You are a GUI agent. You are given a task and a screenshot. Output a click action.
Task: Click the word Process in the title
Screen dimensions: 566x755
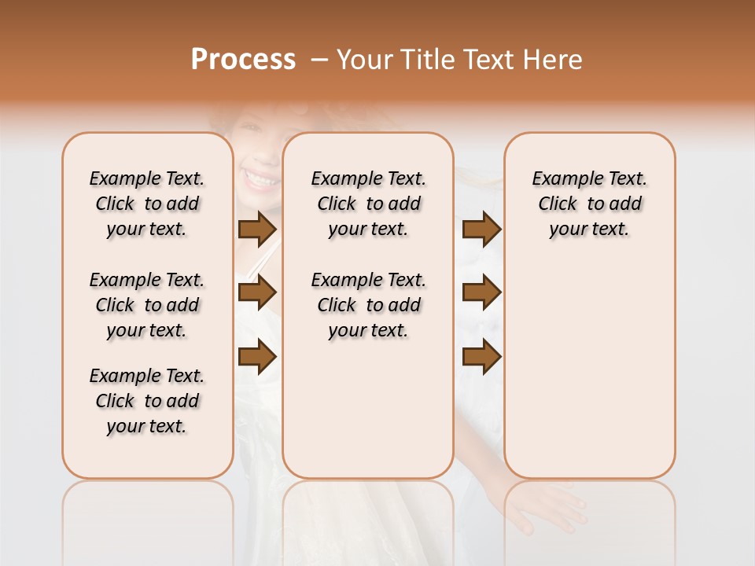pyautogui.click(x=243, y=60)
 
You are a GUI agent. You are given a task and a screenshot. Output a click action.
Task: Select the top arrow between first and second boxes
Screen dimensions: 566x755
pyautogui.click(x=257, y=230)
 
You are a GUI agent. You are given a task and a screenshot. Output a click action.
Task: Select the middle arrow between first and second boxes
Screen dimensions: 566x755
pyautogui.click(x=257, y=293)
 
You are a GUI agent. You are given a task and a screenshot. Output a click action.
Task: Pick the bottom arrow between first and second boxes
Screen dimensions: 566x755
pyautogui.click(x=257, y=357)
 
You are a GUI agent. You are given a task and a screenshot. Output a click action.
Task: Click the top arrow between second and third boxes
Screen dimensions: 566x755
pyautogui.click(x=481, y=230)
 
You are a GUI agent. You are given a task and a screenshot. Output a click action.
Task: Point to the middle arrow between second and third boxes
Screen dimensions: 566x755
pyautogui.click(x=481, y=293)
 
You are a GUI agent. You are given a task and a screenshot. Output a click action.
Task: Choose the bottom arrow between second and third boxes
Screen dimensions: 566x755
pyautogui.click(x=481, y=357)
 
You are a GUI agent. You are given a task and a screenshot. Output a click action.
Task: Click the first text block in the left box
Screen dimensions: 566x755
pyautogui.click(x=147, y=204)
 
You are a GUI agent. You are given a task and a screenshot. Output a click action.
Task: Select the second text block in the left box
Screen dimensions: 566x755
pyautogui.click(x=147, y=305)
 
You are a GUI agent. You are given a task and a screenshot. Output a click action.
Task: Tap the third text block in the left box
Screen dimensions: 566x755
pyautogui.click(x=147, y=401)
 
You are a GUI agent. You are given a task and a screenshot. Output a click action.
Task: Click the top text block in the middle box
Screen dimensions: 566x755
pyautogui.click(x=368, y=204)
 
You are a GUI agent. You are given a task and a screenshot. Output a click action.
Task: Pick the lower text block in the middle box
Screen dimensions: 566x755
pyautogui.click(x=368, y=305)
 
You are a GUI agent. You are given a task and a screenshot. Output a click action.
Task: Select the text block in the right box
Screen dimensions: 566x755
pyautogui.click(x=589, y=204)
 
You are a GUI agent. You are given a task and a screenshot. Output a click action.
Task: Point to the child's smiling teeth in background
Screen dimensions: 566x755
pyautogui.click(x=260, y=180)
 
